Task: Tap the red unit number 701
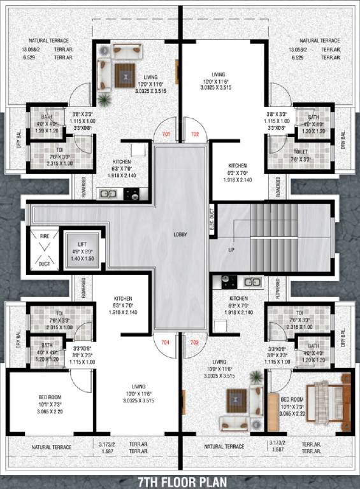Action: coord(166,134)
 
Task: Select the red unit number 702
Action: coord(194,134)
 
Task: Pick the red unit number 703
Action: coord(194,342)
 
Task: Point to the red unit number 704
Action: coord(166,342)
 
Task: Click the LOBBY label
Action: coord(180,234)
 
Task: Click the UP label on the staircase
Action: coord(232,250)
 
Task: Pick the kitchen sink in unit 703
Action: coord(252,281)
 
